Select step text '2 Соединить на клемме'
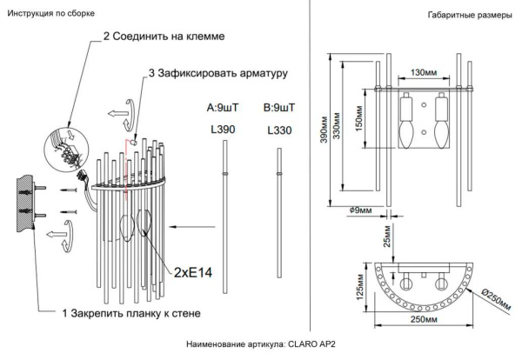[x=164, y=38]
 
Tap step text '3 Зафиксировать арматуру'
[x=217, y=74]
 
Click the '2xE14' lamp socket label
[x=193, y=272]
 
